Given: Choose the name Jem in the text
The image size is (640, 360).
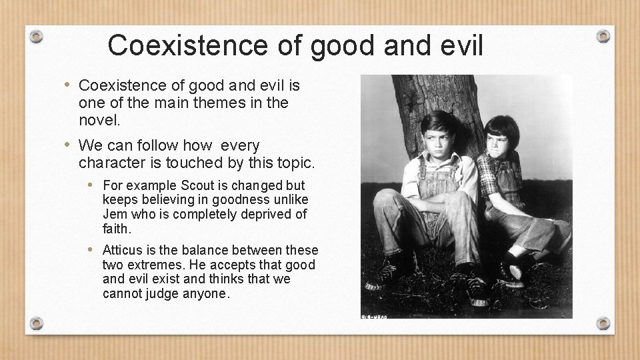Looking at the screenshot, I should point(115,214).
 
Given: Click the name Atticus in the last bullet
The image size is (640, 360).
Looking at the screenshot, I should point(124,250).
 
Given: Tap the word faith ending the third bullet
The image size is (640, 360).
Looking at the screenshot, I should point(117,228).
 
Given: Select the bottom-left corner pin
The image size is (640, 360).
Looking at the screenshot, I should point(37,323).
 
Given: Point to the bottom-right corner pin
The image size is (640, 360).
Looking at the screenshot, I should point(603,323).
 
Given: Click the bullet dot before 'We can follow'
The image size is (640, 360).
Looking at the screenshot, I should point(69,145).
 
